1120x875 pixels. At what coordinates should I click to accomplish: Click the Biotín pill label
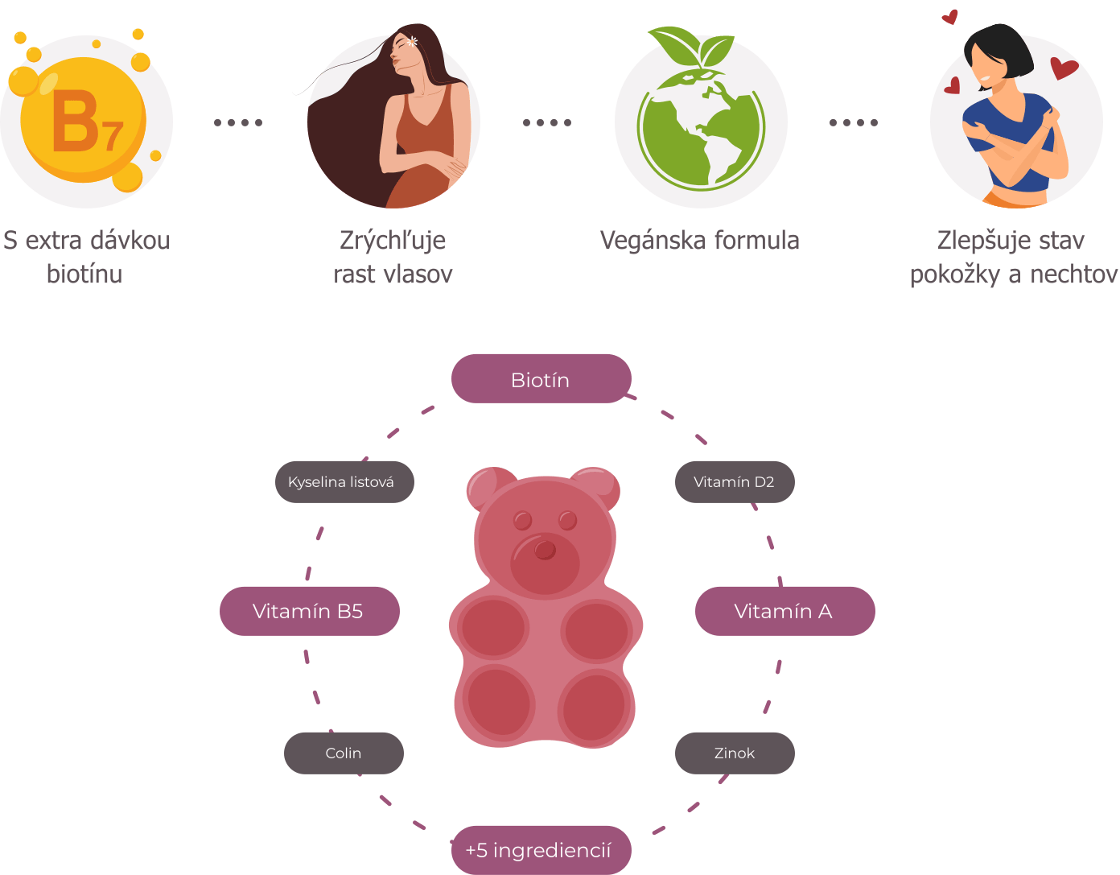[x=541, y=379]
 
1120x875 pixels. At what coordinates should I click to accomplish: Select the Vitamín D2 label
[x=734, y=481]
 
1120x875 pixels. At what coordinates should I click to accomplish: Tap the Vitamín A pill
[x=784, y=611]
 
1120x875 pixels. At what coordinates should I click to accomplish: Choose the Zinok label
[x=734, y=753]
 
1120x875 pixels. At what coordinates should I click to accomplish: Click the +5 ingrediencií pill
[x=539, y=850]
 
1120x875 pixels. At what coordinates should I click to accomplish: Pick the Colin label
[x=344, y=753]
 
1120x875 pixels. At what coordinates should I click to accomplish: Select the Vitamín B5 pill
[x=309, y=611]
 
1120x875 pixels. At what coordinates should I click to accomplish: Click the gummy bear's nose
[x=546, y=550]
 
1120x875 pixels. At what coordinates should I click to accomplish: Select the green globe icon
[x=701, y=129]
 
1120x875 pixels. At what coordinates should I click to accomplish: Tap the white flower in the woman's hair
[x=413, y=41]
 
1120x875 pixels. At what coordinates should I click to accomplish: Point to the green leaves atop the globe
[x=692, y=47]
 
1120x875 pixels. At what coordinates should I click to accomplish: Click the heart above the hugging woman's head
[x=950, y=16]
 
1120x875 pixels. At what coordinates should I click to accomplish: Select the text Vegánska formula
[x=699, y=240]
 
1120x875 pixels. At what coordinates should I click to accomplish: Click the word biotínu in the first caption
[x=84, y=274]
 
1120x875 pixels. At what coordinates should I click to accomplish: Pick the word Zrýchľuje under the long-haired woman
[x=393, y=240]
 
